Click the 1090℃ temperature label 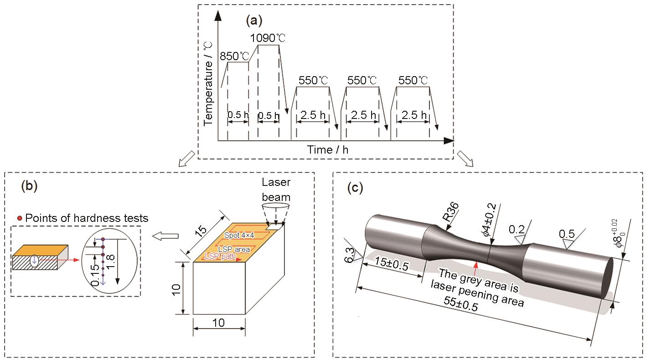(268, 38)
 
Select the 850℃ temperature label (234, 56)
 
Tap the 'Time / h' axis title (328, 150)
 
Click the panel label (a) (254, 21)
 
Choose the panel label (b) (30, 186)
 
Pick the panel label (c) (355, 188)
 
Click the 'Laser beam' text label (276, 190)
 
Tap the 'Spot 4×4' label (239, 235)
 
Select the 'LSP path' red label (220, 256)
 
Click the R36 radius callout (451, 211)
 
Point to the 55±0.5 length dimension (460, 303)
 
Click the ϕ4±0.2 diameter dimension (490, 220)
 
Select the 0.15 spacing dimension (95, 275)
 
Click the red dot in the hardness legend (20, 218)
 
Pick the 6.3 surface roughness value (349, 255)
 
